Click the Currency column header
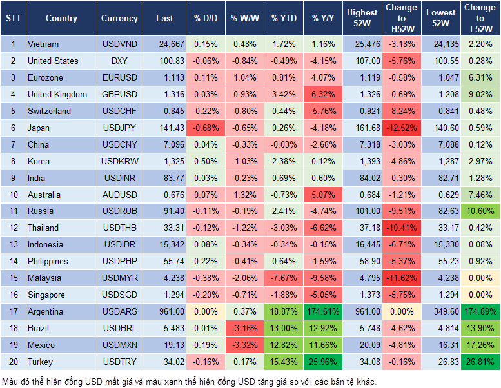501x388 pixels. point(119,19)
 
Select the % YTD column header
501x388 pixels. point(284,19)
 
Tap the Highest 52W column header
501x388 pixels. point(362,19)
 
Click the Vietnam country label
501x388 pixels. point(43,44)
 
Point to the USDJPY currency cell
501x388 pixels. point(119,128)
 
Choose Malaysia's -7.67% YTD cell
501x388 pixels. point(284,278)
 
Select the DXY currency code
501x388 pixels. point(119,61)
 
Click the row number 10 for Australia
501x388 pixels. point(13,195)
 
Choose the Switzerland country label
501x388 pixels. point(50,111)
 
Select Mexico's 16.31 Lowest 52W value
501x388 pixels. point(441,345)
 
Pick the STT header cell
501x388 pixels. point(13,19)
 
